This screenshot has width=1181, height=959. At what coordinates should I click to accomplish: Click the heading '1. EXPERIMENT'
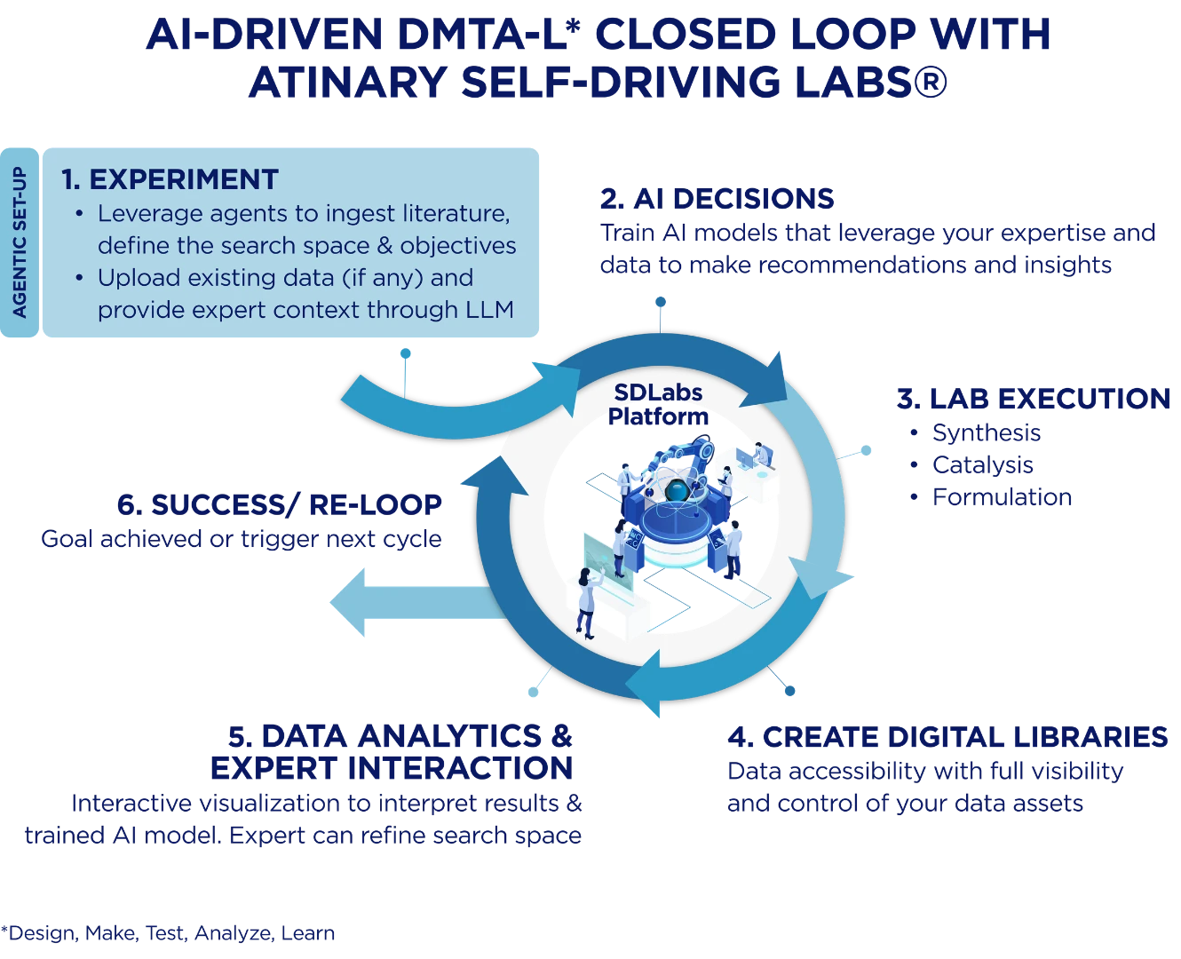pyautogui.click(x=170, y=179)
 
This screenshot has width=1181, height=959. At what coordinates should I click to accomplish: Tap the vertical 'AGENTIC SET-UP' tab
pyautogui.click(x=20, y=242)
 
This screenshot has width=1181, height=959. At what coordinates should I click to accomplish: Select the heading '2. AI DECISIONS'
pyautogui.click(x=717, y=199)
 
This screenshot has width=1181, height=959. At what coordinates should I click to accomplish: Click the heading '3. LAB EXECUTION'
pyautogui.click(x=1034, y=399)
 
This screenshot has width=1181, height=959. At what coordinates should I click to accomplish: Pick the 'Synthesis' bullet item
pyautogui.click(x=986, y=433)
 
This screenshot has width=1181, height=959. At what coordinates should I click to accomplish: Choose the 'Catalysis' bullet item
pyautogui.click(x=982, y=465)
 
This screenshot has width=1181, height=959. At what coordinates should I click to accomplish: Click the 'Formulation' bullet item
pyautogui.click(x=1002, y=497)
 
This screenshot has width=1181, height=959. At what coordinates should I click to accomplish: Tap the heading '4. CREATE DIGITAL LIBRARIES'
pyautogui.click(x=947, y=737)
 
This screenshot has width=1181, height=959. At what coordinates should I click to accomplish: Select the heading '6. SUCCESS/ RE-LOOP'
pyautogui.click(x=279, y=504)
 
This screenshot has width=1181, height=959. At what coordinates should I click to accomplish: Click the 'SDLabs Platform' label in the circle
pyautogui.click(x=658, y=403)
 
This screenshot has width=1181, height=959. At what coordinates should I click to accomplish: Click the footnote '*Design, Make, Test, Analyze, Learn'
pyautogui.click(x=168, y=933)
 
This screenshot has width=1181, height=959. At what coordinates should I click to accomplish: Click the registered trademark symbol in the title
pyautogui.click(x=929, y=83)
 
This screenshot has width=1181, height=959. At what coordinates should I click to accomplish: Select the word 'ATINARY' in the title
pyautogui.click(x=347, y=83)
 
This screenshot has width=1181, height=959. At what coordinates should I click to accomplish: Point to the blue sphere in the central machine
pyautogui.click(x=677, y=490)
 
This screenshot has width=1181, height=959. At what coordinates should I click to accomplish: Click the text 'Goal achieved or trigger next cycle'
pyautogui.click(x=242, y=539)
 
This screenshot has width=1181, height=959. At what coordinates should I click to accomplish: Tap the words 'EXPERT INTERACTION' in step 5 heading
pyautogui.click(x=392, y=768)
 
